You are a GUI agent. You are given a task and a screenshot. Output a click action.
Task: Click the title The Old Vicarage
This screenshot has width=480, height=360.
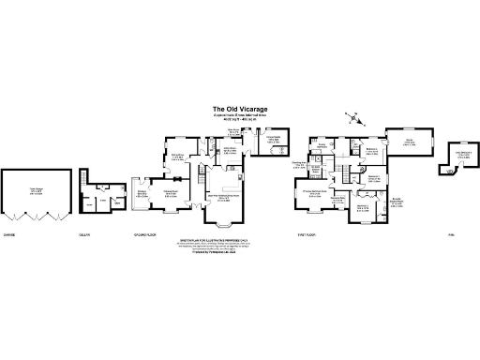coord(240,109)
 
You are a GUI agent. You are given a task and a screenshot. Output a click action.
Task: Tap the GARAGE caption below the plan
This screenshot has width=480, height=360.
coord(8,234)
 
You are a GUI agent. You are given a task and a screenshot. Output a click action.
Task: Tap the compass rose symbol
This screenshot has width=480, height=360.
coord(352,117)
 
